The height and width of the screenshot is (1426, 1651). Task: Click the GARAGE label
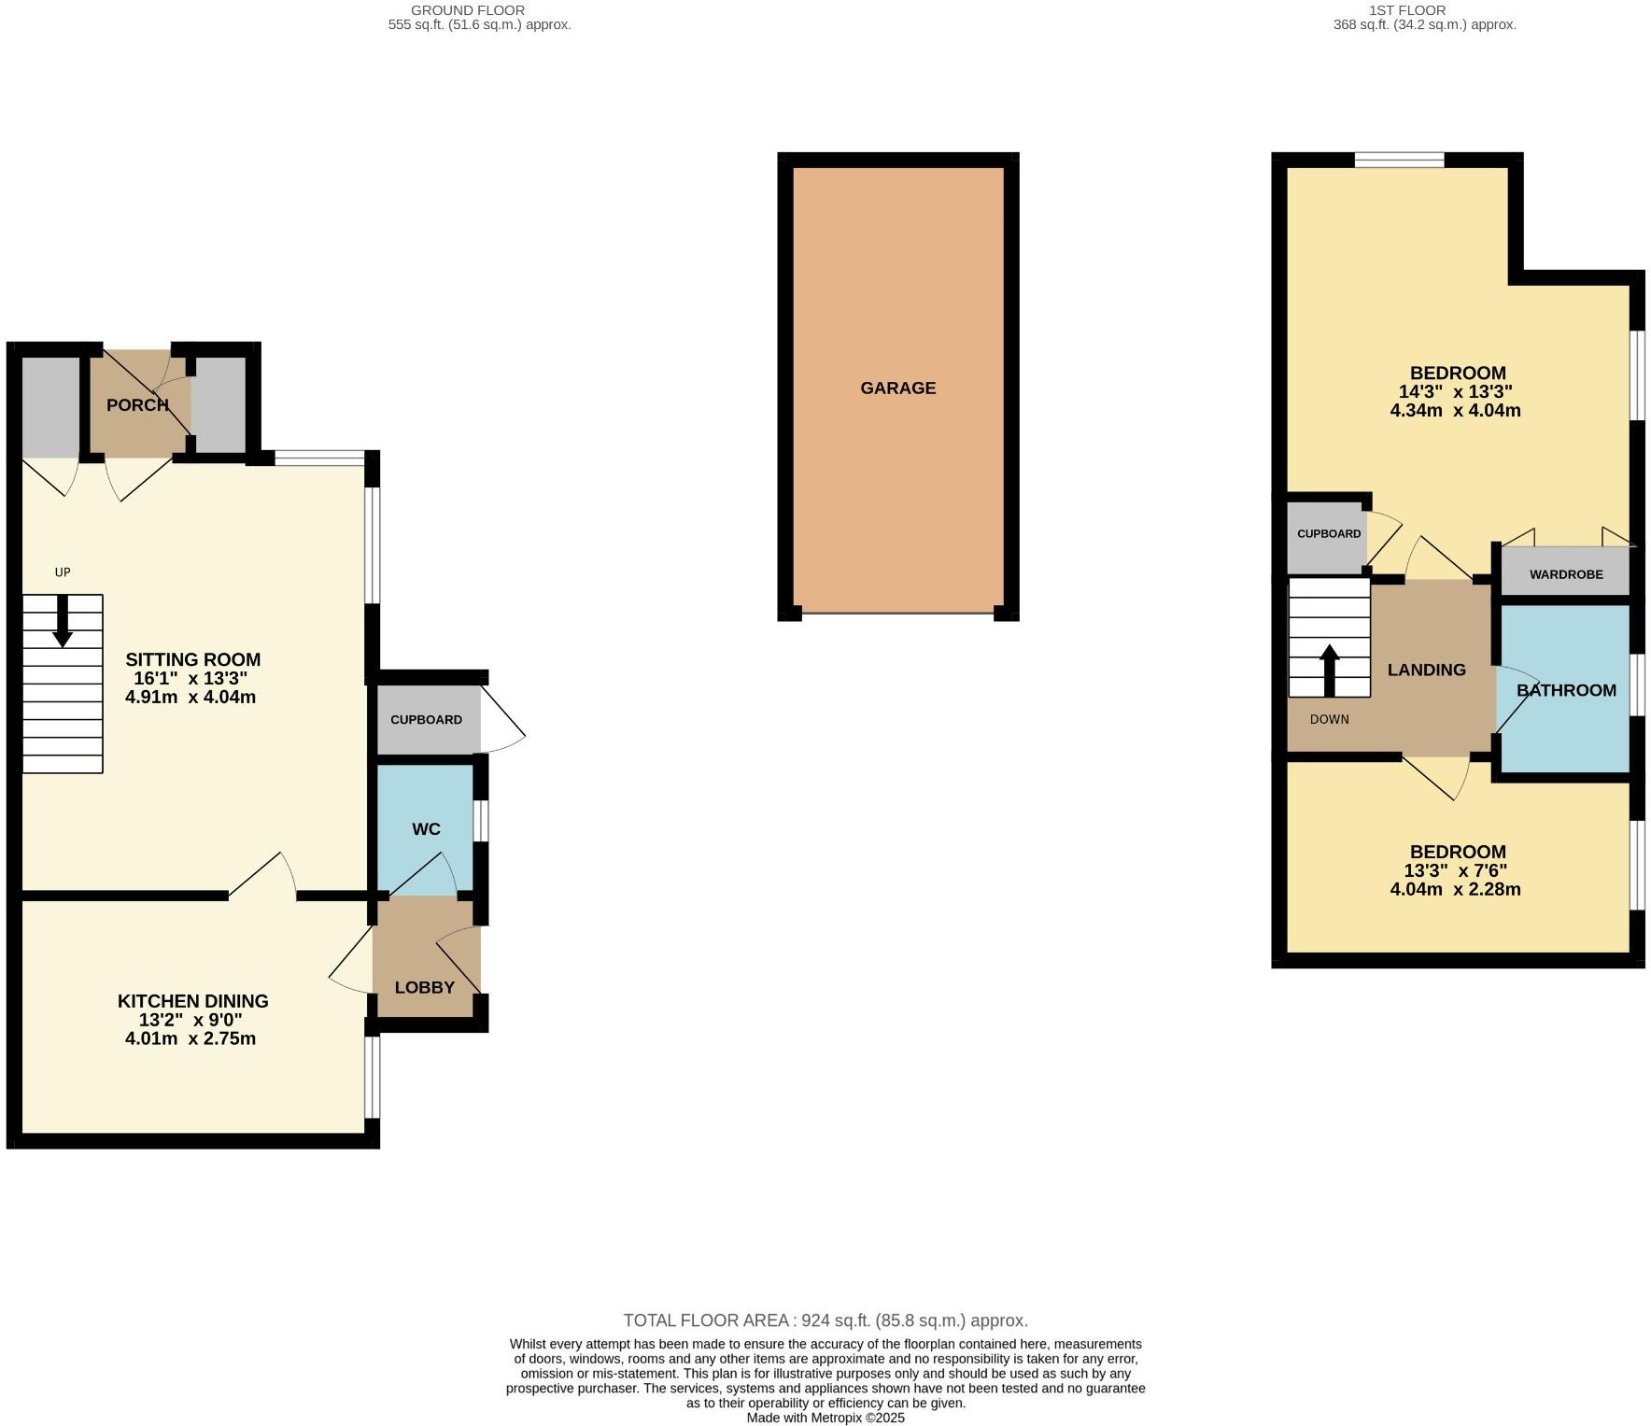pyautogui.click(x=897, y=388)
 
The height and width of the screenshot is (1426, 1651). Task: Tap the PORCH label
pyautogui.click(x=137, y=404)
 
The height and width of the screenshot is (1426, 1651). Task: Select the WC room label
pyautogui.click(x=426, y=828)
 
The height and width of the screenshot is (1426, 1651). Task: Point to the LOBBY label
pyautogui.click(x=424, y=987)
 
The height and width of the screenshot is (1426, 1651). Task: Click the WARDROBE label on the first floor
pyautogui.click(x=1566, y=574)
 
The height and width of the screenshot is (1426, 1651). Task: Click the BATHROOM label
pyautogui.click(x=1566, y=690)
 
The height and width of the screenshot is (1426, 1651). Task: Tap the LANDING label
pyautogui.click(x=1426, y=670)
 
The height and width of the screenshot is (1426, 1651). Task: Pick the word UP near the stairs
pyautogui.click(x=63, y=572)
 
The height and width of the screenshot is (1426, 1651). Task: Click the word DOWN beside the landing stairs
pyautogui.click(x=1329, y=719)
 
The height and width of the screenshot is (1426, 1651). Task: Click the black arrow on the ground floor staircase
pyautogui.click(x=63, y=621)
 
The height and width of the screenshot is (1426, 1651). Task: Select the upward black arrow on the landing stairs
pyautogui.click(x=1329, y=670)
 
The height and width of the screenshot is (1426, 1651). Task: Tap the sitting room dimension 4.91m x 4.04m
pyautogui.click(x=190, y=697)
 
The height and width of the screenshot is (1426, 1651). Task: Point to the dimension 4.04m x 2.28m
pyautogui.click(x=1455, y=889)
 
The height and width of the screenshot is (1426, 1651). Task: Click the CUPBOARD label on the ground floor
pyautogui.click(x=426, y=720)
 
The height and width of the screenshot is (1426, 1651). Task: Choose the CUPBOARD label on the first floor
pyautogui.click(x=1328, y=534)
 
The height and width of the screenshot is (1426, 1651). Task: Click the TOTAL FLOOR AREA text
pyautogui.click(x=825, y=1320)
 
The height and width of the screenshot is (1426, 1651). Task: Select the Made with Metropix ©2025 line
pyautogui.click(x=825, y=1418)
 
